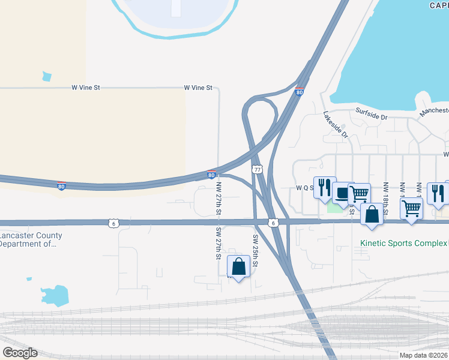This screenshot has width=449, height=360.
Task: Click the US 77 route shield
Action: [x=257, y=170]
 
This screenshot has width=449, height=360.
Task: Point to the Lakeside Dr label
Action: [x=336, y=125]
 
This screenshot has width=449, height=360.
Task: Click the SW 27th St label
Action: [x=219, y=244]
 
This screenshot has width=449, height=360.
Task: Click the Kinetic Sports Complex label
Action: [x=403, y=244]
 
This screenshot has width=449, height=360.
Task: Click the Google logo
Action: [x=20, y=353]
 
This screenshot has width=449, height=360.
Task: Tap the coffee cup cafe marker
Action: [x=343, y=193]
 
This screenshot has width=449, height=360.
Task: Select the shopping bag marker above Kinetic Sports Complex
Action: [x=372, y=215]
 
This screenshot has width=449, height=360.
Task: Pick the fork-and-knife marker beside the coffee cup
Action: [x=322, y=187]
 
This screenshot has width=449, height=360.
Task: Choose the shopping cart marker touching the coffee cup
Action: [x=359, y=194]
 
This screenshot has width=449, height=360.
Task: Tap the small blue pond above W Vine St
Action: [x=47, y=76]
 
